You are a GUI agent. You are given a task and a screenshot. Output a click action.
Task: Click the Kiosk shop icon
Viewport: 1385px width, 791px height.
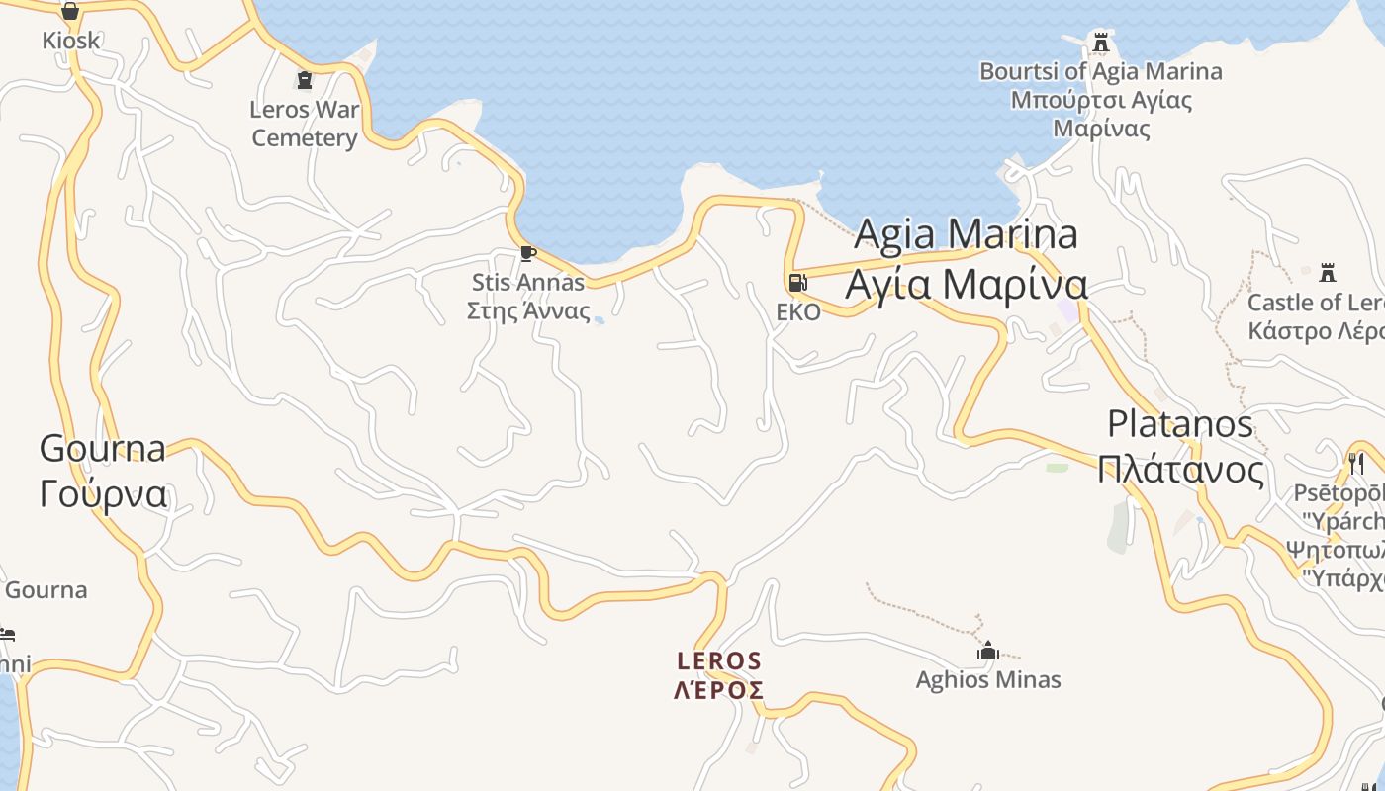(x=70, y=12)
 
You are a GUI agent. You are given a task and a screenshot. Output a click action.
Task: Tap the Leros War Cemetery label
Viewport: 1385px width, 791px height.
(x=305, y=124)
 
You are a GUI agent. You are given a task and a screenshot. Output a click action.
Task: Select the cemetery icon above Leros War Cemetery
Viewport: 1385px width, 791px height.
(x=305, y=80)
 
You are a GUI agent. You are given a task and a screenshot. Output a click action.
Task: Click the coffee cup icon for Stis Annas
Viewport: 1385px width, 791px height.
(x=528, y=253)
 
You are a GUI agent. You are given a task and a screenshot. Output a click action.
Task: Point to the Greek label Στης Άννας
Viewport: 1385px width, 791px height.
(x=528, y=313)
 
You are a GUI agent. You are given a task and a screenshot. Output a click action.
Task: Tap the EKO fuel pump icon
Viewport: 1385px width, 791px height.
(x=797, y=283)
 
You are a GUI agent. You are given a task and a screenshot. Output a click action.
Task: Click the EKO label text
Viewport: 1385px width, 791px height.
(x=797, y=312)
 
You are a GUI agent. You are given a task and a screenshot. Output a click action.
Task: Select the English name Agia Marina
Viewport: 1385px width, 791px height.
(x=966, y=234)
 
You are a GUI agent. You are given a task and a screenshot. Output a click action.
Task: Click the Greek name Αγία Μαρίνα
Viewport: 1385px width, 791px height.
(x=966, y=285)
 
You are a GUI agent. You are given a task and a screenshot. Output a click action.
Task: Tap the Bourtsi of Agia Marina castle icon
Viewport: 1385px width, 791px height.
(x=1101, y=43)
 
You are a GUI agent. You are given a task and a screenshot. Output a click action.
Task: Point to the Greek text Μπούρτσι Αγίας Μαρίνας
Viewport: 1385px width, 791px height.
(x=1101, y=114)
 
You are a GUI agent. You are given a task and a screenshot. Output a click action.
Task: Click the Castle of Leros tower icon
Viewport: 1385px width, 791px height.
(x=1328, y=272)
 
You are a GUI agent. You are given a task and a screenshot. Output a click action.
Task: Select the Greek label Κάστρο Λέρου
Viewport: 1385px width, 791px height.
(x=1316, y=330)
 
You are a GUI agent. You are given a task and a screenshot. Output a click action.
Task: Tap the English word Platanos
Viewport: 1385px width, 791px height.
(x=1180, y=424)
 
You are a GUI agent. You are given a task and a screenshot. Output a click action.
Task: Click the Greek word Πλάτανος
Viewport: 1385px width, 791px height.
(x=1180, y=470)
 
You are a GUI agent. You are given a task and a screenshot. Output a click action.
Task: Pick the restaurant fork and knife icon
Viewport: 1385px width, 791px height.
(x=1356, y=463)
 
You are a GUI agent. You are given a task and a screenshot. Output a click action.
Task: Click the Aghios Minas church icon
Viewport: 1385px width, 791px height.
(x=987, y=651)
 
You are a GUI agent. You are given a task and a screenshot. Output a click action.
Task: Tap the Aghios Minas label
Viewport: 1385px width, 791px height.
(x=987, y=680)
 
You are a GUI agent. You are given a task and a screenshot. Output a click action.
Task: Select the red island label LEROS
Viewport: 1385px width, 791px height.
(x=719, y=660)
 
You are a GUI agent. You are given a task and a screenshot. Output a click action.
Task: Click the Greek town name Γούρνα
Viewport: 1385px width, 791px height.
(x=103, y=493)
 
